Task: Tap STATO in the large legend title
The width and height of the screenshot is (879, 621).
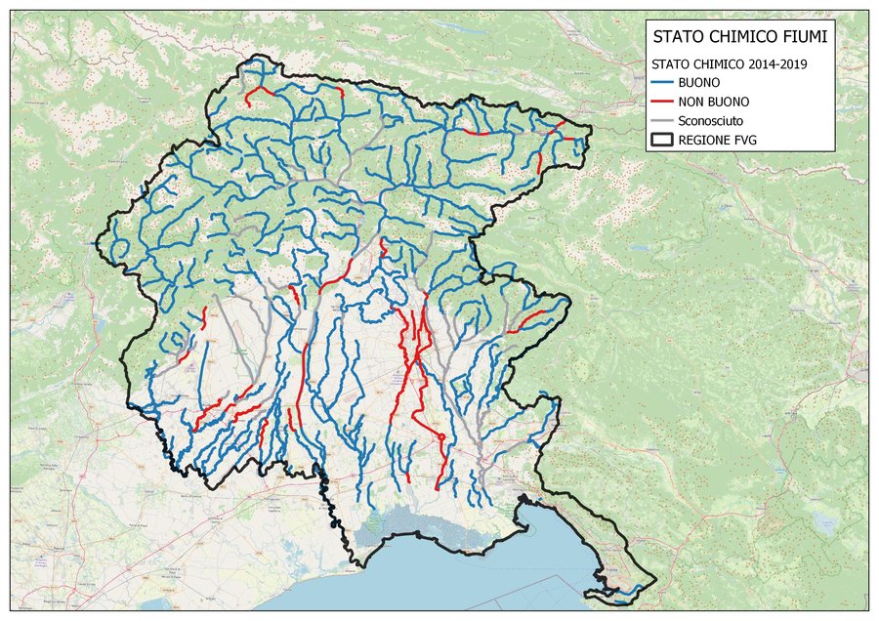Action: coord(676,38)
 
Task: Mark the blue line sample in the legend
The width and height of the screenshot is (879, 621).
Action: coord(664,82)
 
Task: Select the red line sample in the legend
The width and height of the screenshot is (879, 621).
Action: coord(664,101)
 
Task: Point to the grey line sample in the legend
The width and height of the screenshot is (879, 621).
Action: coord(664,120)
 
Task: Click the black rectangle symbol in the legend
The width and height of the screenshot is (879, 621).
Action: coord(664,140)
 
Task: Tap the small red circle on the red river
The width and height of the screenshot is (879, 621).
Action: coord(441,435)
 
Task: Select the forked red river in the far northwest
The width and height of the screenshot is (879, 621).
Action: coord(257,93)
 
